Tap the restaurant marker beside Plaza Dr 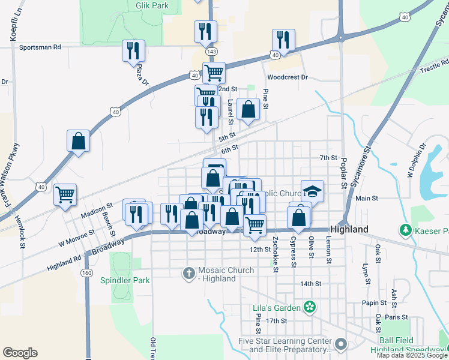pyautogui.click(x=133, y=51)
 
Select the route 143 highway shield pyautogui.click(x=211, y=52)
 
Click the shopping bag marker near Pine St pyautogui.click(x=248, y=110)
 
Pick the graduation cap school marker pyautogui.click(x=312, y=191)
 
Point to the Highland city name pyautogui.click(x=349, y=230)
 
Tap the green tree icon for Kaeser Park pyautogui.click(x=406, y=230)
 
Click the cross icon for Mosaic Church pyautogui.click(x=190, y=272)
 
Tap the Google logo pyautogui.click(x=20, y=353)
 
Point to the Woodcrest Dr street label pyautogui.click(x=287, y=77)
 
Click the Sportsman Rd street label pyautogui.click(x=40, y=47)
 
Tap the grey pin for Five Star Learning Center pyautogui.click(x=341, y=344)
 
